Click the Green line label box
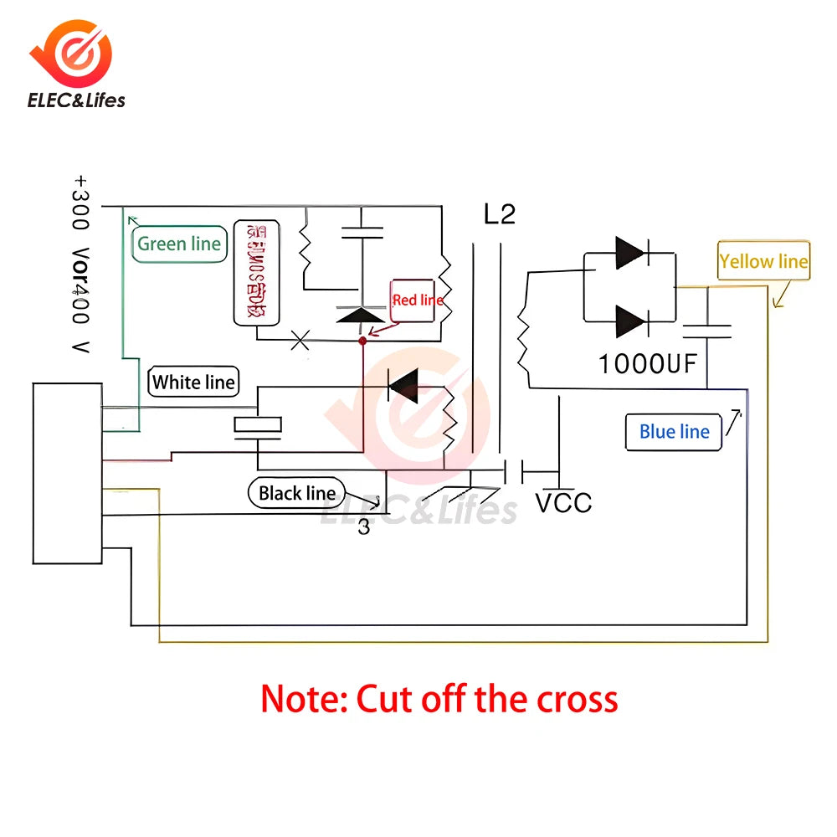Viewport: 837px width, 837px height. (x=179, y=244)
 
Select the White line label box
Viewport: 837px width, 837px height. (x=194, y=383)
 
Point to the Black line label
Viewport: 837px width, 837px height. (x=296, y=493)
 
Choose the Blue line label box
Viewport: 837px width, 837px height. (x=674, y=432)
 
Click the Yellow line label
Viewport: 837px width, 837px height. (x=763, y=262)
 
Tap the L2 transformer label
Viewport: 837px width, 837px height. (x=500, y=214)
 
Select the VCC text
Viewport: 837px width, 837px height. (x=563, y=503)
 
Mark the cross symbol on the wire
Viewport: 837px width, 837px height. (x=300, y=340)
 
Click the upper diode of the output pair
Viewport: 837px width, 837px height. (x=630, y=253)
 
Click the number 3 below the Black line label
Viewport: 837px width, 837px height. (x=363, y=528)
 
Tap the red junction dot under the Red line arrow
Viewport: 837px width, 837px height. (x=362, y=341)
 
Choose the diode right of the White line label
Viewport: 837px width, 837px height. (x=403, y=386)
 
